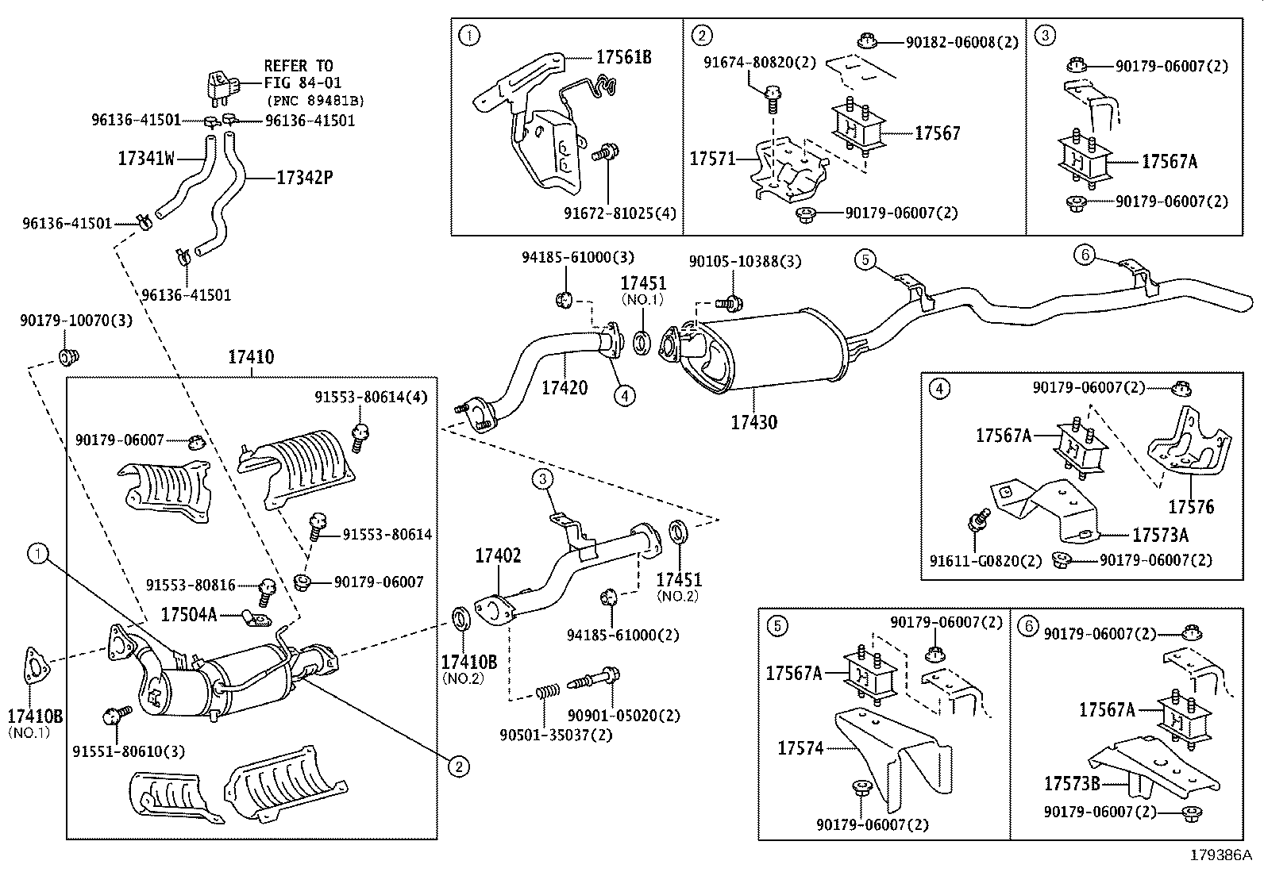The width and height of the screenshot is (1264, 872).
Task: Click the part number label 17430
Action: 753,422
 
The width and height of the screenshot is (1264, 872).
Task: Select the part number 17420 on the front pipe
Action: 565,388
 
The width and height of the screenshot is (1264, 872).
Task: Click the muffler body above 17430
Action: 762,349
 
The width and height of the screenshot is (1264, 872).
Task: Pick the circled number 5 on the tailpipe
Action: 865,259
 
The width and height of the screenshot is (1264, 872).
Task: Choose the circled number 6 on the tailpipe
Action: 1085,255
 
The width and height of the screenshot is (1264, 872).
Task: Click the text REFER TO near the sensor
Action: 298,66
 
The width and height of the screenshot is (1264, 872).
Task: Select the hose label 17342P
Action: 304,178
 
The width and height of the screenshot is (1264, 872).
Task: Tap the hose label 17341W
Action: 145,159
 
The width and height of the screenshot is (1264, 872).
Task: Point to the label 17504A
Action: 188,614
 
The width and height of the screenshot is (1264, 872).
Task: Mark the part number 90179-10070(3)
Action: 75,321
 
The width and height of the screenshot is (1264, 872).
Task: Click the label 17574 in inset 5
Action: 800,747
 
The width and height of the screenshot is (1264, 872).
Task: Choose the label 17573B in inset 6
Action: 1072,784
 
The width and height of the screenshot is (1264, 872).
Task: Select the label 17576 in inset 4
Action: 1191,506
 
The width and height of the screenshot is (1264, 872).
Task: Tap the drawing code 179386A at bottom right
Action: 1220,855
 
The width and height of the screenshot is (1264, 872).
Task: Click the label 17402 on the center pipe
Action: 498,556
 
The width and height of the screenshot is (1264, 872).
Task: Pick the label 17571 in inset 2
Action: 712,159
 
